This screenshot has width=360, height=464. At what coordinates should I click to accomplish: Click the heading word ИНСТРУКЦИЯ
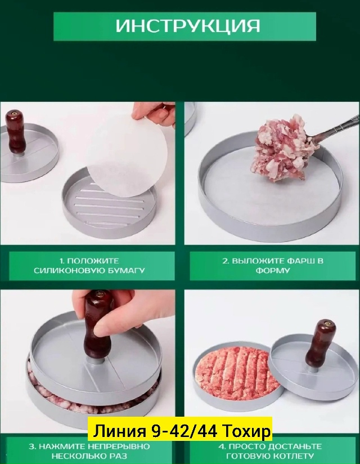coord(188,26)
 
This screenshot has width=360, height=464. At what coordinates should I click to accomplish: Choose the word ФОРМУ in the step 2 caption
coord(272,270)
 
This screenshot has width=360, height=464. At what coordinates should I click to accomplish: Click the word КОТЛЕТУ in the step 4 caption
coord(295,456)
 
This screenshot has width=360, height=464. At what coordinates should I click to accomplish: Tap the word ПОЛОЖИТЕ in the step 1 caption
coord(93,261)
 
